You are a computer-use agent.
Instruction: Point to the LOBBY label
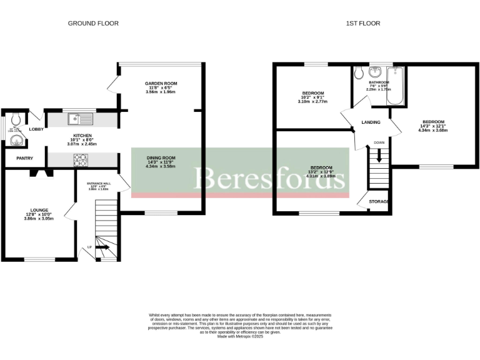(36, 129)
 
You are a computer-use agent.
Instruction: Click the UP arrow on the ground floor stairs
(102, 247)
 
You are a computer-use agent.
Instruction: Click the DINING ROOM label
(161, 157)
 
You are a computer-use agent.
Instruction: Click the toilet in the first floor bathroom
(359, 74)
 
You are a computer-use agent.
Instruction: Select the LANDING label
(371, 122)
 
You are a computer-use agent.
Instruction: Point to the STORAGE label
(379, 202)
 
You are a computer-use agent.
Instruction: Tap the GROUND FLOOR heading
(93, 23)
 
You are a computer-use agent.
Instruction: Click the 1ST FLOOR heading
(362, 23)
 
